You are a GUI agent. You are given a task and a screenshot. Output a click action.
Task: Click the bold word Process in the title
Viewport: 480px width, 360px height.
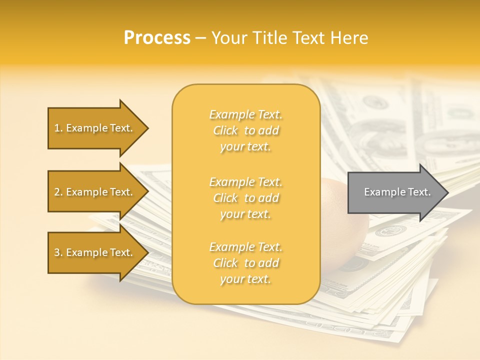point(157,38)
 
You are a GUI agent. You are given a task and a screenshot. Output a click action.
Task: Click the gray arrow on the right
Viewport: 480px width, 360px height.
point(395,192)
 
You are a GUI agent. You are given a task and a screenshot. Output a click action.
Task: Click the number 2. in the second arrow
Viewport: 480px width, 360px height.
point(58,192)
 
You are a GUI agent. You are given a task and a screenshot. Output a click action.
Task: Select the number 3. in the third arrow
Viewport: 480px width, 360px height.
point(58,252)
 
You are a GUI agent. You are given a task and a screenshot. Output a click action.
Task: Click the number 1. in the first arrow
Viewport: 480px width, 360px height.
point(58,128)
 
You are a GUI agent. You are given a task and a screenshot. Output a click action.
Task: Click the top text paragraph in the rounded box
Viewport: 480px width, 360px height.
point(245,130)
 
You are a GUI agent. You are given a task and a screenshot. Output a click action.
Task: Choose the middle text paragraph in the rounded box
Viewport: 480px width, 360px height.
point(245,198)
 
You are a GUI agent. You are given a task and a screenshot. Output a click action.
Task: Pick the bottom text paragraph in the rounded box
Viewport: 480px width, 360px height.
point(245,263)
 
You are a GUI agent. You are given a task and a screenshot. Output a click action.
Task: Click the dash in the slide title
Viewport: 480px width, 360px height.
point(201,38)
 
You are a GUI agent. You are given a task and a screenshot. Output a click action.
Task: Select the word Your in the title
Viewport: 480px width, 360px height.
point(228,38)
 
